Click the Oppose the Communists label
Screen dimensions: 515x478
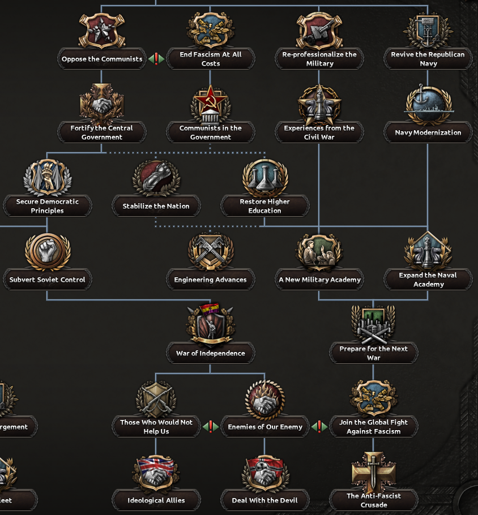(102, 59)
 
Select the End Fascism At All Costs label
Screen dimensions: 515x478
(210, 59)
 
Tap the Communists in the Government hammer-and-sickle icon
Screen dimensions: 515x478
(210, 104)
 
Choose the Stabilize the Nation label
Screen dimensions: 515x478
(156, 206)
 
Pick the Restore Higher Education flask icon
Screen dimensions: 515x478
(264, 178)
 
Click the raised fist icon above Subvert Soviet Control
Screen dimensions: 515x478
(48, 251)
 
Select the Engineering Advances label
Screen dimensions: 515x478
(210, 280)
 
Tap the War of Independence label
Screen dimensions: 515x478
(210, 353)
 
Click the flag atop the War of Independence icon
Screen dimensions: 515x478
(210, 309)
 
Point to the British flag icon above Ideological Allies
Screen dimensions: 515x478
(156, 472)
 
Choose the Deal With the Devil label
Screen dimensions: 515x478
(264, 500)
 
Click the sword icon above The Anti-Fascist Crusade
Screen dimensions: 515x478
(373, 471)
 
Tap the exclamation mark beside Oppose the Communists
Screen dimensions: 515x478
(156, 58)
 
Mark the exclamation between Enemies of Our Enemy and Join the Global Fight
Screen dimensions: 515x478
(319, 426)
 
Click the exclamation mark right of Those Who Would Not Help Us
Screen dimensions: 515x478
(210, 426)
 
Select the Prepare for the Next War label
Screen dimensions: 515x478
(373, 353)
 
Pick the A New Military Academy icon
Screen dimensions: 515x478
(319, 251)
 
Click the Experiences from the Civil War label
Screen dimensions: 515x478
(319, 132)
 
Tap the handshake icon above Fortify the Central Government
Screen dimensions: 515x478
(102, 104)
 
